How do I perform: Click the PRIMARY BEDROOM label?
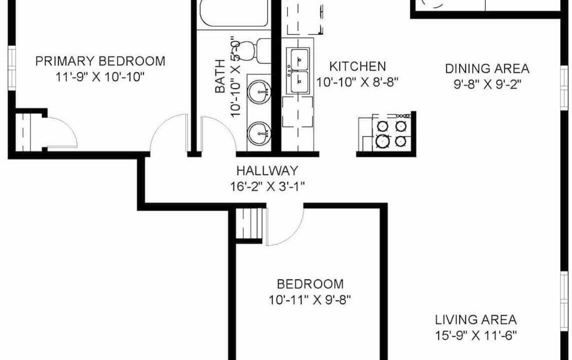click(100, 61)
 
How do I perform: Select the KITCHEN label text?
click(357, 66)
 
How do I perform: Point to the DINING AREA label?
click(487, 68)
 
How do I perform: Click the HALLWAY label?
click(267, 170)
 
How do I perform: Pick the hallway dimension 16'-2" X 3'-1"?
click(267, 186)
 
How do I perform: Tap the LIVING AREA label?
click(476, 320)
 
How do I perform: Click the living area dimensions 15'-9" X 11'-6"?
click(476, 335)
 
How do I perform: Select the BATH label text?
click(220, 76)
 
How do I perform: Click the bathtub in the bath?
click(234, 13)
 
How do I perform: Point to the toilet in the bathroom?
click(253, 50)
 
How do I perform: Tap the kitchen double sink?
click(299, 71)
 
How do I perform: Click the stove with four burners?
click(391, 132)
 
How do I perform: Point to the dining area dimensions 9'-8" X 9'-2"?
click(487, 84)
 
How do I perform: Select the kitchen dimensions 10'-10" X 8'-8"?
click(357, 82)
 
